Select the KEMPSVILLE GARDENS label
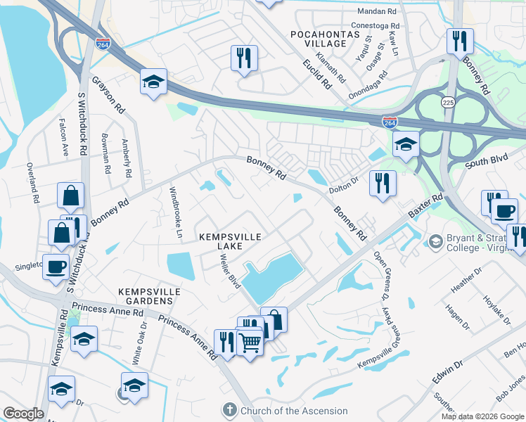tap(150, 296)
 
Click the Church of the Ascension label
tap(294, 411)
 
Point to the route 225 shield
tap(447, 103)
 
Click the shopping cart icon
tap(250, 343)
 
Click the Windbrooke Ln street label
tap(177, 212)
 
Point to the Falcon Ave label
tap(64, 141)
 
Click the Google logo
tap(23, 414)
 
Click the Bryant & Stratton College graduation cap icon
tap(436, 241)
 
